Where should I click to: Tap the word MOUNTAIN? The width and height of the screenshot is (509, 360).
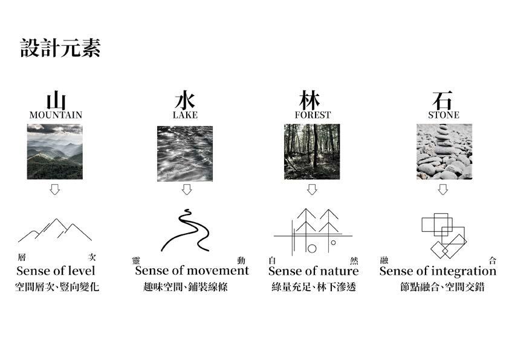click(x=56, y=115)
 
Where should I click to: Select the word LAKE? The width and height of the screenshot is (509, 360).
click(x=185, y=115)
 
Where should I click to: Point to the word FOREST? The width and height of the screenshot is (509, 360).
click(x=313, y=115)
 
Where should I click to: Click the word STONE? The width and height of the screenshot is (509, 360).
click(x=443, y=115)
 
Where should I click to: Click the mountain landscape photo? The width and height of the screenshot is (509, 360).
click(x=55, y=152)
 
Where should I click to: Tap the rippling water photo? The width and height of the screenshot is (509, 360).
click(x=185, y=153)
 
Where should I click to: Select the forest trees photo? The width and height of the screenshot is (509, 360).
click(x=312, y=152)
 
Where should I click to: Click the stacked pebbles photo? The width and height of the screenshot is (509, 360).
click(x=443, y=152)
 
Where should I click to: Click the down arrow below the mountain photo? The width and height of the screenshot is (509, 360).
click(x=55, y=189)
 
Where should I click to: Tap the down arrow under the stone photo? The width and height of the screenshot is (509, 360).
click(x=443, y=189)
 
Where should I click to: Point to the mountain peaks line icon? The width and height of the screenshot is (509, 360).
click(x=55, y=230)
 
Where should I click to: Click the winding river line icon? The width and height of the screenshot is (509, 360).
click(x=185, y=230)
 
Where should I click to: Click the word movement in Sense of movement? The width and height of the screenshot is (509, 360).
click(x=218, y=271)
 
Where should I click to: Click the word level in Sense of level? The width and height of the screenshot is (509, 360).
click(x=82, y=271)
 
